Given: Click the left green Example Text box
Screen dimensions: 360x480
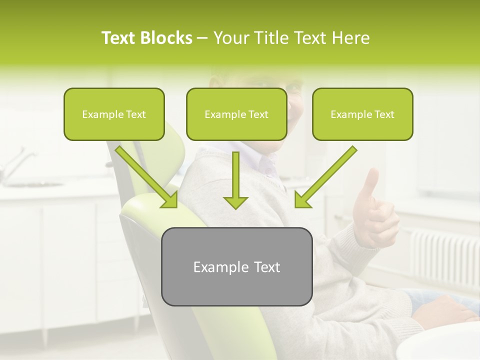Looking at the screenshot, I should pyautogui.click(x=114, y=114).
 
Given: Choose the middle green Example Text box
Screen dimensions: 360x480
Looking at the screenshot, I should pyautogui.click(x=236, y=114).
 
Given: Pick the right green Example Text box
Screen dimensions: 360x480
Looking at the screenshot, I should pyautogui.click(x=362, y=114).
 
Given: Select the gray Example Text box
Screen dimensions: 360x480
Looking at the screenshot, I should pyautogui.click(x=236, y=266).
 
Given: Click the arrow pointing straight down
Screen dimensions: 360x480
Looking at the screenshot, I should pyautogui.click(x=235, y=180).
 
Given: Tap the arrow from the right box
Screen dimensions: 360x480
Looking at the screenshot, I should pyautogui.click(x=325, y=177).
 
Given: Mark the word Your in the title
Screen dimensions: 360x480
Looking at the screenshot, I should pyautogui.click(x=228, y=38).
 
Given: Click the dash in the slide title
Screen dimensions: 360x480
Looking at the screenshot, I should pyautogui.click(x=202, y=38).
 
